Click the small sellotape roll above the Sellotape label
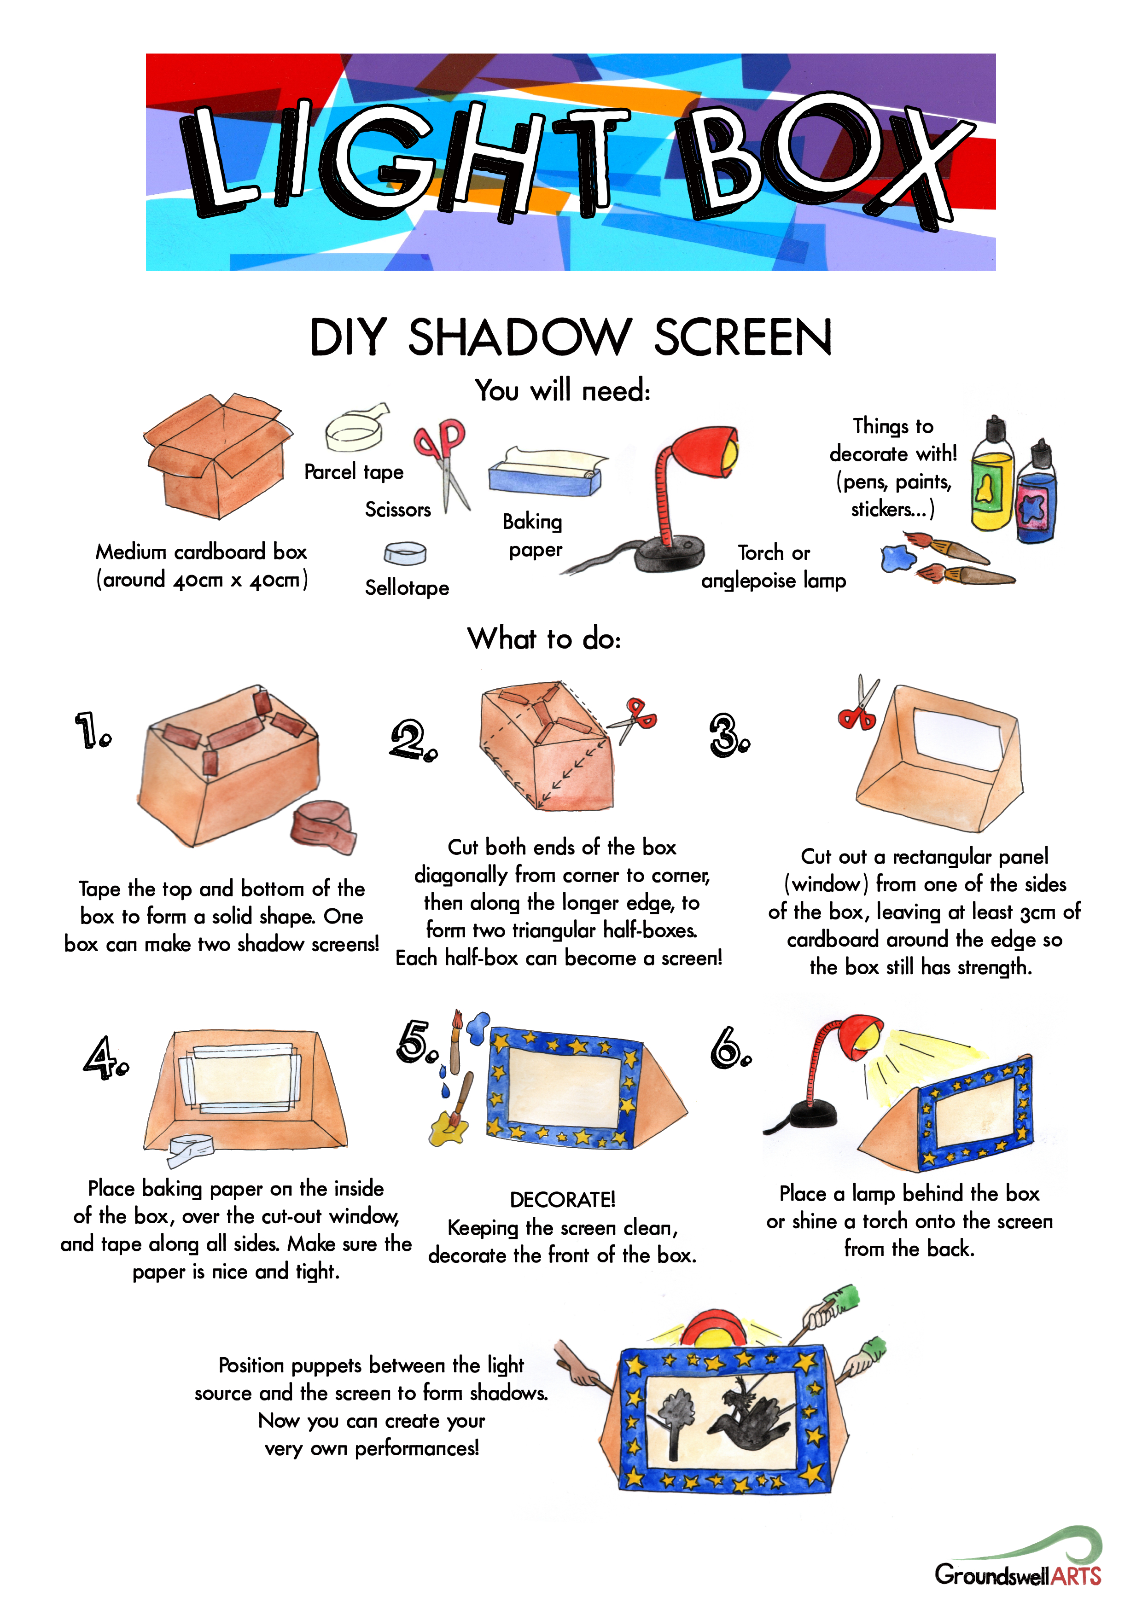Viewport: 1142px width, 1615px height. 405,553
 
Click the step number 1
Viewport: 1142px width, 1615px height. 92,730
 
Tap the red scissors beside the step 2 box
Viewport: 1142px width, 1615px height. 633,719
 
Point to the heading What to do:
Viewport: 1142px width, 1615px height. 545,639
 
